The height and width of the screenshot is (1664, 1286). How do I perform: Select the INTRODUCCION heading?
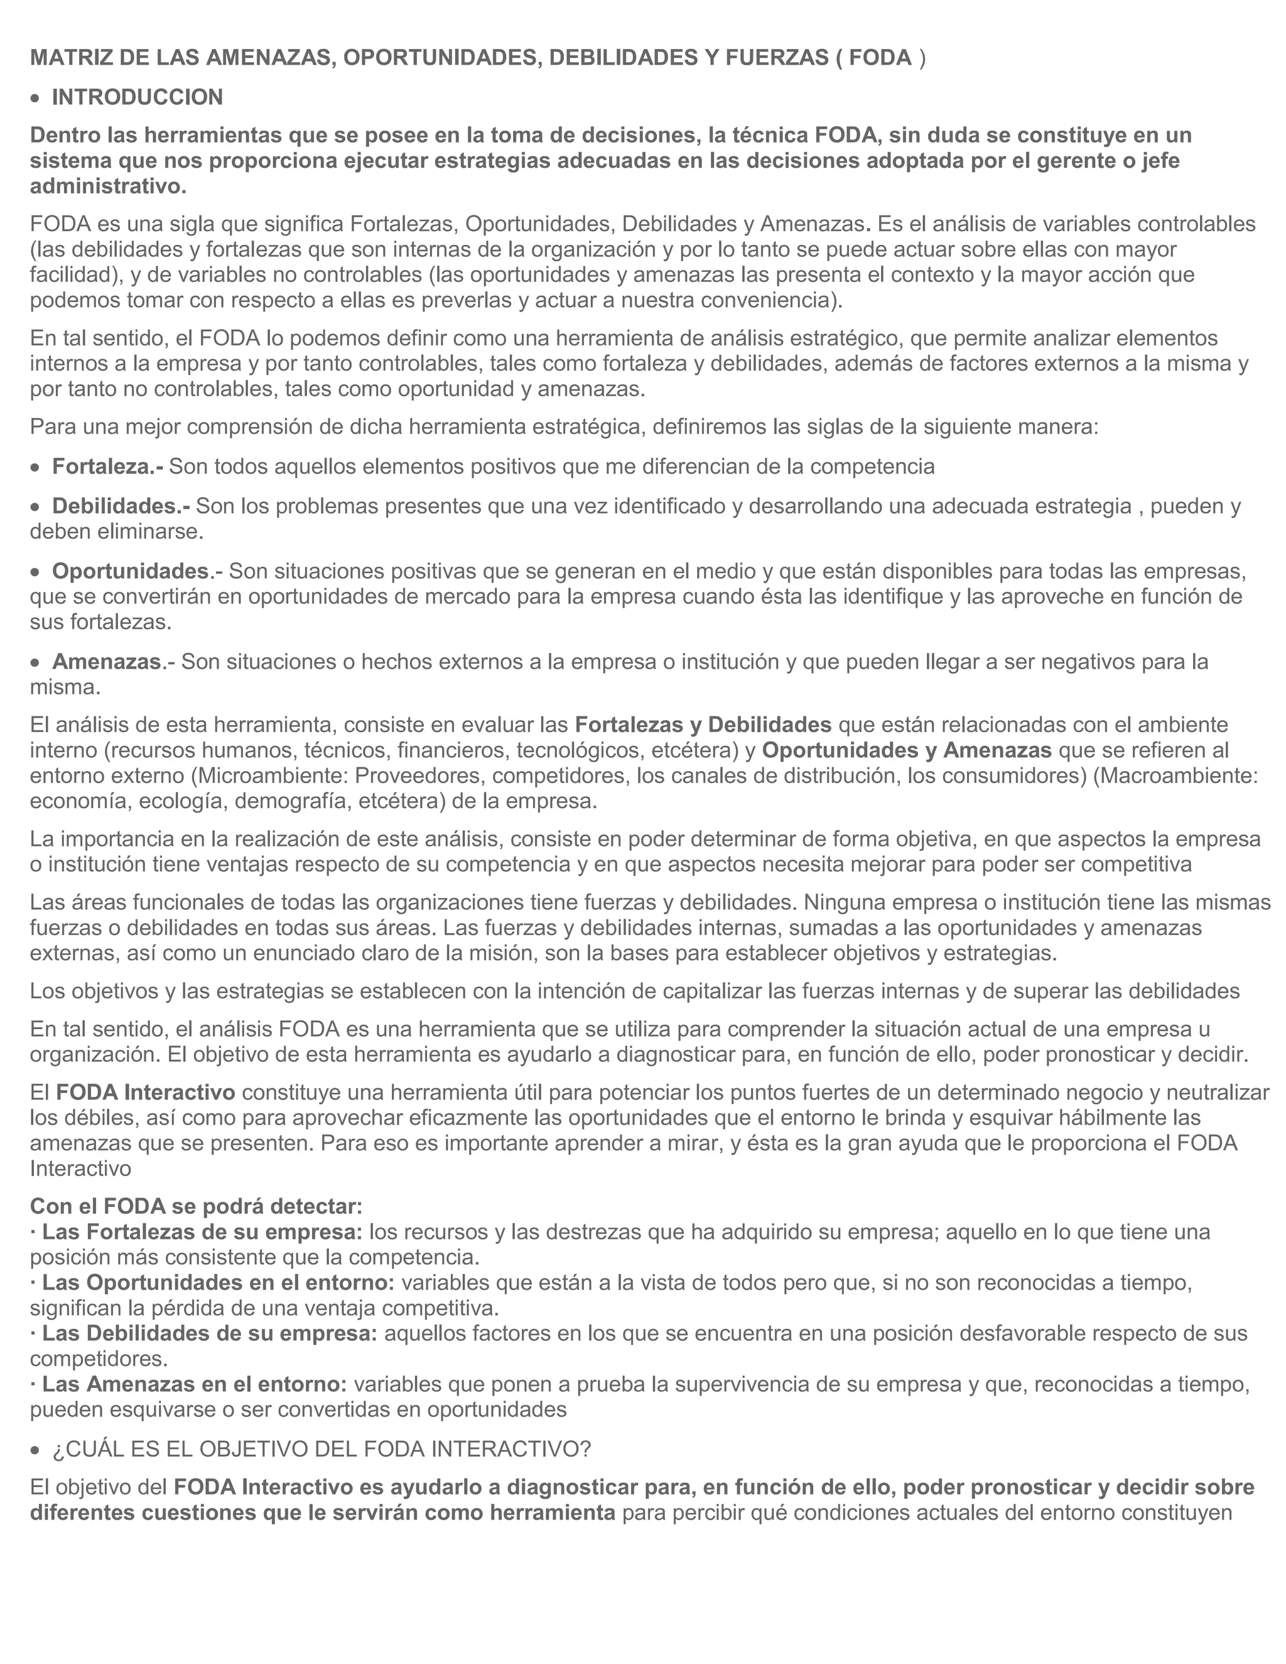click(137, 97)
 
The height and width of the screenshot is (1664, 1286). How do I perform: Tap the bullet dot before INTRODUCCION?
click(35, 99)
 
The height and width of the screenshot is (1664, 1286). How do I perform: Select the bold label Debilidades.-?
click(121, 506)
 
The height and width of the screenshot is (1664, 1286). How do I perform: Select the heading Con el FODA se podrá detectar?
click(196, 1207)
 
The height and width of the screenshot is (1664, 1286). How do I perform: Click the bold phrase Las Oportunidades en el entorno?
click(218, 1283)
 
